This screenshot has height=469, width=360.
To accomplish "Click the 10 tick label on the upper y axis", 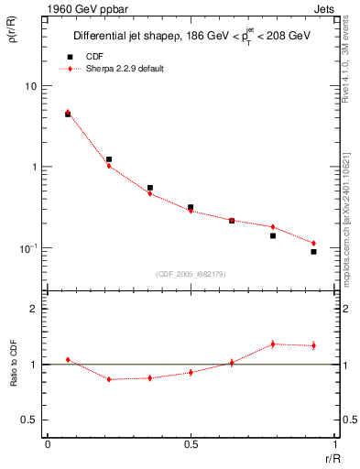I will [x=31, y=86].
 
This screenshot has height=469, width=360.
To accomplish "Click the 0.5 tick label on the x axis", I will [x=191, y=444].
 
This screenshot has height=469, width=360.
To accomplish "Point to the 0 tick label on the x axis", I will [x=48, y=444].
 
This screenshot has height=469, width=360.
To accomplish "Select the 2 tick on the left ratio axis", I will [x=33, y=309].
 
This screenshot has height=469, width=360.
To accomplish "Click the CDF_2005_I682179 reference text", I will [x=191, y=273].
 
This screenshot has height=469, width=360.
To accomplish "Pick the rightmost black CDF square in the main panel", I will [x=313, y=252].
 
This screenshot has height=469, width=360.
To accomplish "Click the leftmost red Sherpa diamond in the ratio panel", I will [x=68, y=360].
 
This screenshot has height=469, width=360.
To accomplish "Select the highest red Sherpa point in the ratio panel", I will [x=273, y=344].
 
